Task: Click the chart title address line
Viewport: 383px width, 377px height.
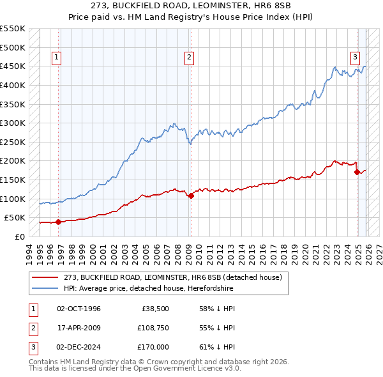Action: click(x=191, y=6)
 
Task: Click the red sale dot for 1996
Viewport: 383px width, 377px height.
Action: click(x=58, y=222)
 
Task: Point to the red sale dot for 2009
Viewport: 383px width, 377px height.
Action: click(x=191, y=196)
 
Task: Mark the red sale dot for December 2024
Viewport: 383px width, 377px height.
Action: click(x=357, y=172)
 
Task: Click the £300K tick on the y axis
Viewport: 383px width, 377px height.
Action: click(x=13, y=123)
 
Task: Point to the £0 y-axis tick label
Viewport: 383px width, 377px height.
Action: click(x=20, y=236)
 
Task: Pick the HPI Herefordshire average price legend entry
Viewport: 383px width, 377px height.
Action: click(x=148, y=289)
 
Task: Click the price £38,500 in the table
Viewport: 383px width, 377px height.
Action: click(x=154, y=309)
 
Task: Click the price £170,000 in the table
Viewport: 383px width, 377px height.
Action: click(x=153, y=347)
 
